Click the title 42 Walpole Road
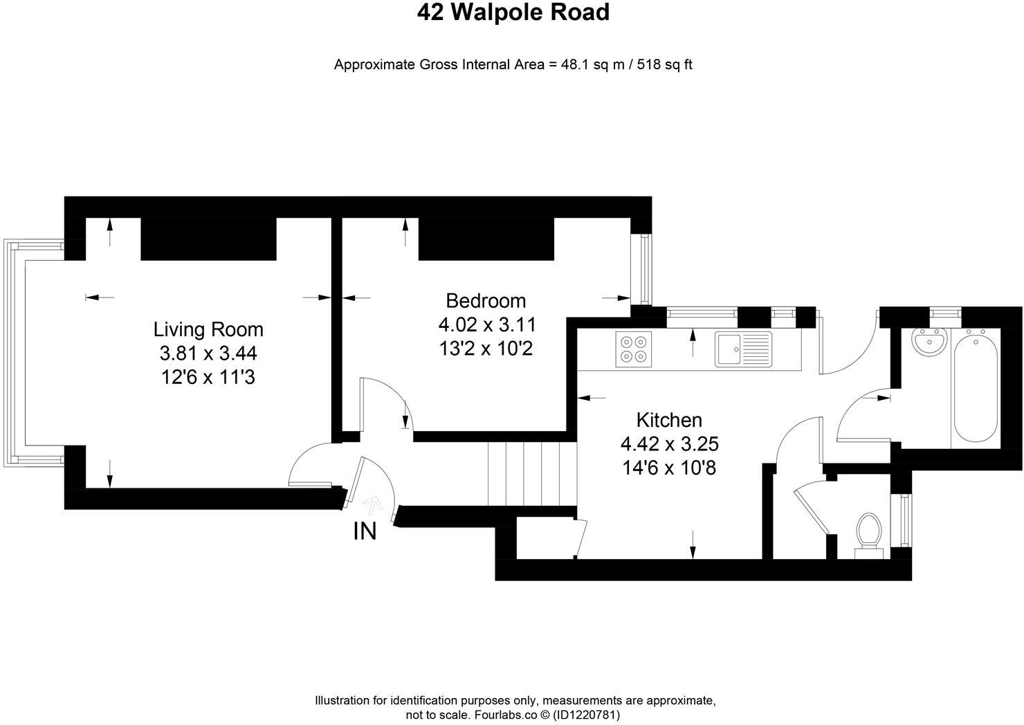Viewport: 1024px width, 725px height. tap(513, 12)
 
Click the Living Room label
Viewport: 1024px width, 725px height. tap(208, 329)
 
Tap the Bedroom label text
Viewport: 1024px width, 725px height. tap(486, 301)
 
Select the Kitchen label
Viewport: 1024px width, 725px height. tap(669, 420)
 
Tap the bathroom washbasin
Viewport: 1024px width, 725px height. tap(929, 341)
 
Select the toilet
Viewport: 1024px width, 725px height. tap(869, 534)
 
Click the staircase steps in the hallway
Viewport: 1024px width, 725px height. tap(532, 475)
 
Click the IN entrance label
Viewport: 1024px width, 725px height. tap(365, 531)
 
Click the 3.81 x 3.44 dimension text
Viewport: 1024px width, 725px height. tap(208, 354)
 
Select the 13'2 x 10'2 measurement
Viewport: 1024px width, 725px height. tap(486, 348)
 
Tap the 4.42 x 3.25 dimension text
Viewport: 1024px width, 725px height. tap(669, 443)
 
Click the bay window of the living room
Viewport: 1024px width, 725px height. tap(15, 353)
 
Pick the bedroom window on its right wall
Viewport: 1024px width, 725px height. tap(646, 270)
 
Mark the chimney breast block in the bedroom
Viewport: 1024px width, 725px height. tap(486, 239)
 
